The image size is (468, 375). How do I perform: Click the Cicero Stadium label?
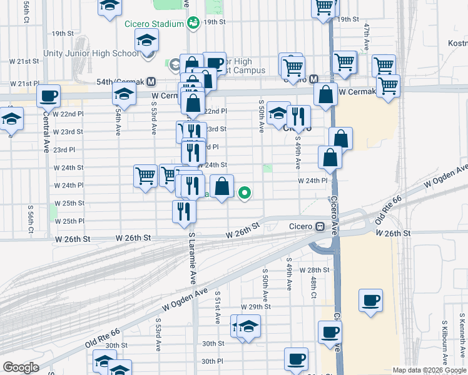pos(153,24)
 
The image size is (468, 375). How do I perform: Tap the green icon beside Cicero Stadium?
pos(194,23)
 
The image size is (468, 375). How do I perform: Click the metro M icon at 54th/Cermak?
pos(151,82)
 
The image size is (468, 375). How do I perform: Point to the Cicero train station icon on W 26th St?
pos(320,226)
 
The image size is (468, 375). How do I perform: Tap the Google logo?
pos(20,367)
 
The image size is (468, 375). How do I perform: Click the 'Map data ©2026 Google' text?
pos(429,370)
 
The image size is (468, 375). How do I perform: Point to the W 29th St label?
pos(256,307)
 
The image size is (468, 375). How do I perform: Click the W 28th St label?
pos(315,270)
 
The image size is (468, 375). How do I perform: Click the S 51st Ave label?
pos(217,306)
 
